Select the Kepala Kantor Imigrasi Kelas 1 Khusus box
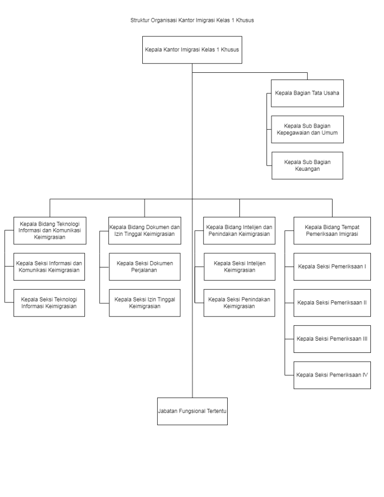tap(192, 50)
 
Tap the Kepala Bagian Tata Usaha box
tap(307, 93)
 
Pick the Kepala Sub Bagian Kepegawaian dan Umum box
tap(307, 129)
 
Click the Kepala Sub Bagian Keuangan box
tap(307, 166)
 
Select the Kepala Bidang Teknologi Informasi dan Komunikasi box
tap(50, 231)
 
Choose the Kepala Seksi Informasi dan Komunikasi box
tap(49, 266)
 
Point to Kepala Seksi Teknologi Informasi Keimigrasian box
tap(49, 303)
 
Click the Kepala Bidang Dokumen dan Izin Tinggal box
tap(145, 231)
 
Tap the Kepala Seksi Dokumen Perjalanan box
tap(145, 266)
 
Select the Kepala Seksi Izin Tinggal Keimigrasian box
tap(145, 303)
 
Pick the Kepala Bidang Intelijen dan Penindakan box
tap(239, 231)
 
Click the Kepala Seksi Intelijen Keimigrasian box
tap(239, 266)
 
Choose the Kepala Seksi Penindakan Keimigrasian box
tap(239, 303)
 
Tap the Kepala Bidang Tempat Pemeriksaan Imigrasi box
tap(332, 231)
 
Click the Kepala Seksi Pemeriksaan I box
tap(332, 266)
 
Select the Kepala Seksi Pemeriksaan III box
tap(332, 339)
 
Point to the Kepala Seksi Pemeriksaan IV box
tap(332, 375)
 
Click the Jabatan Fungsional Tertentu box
tap(192, 411)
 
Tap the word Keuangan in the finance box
tap(307, 169)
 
